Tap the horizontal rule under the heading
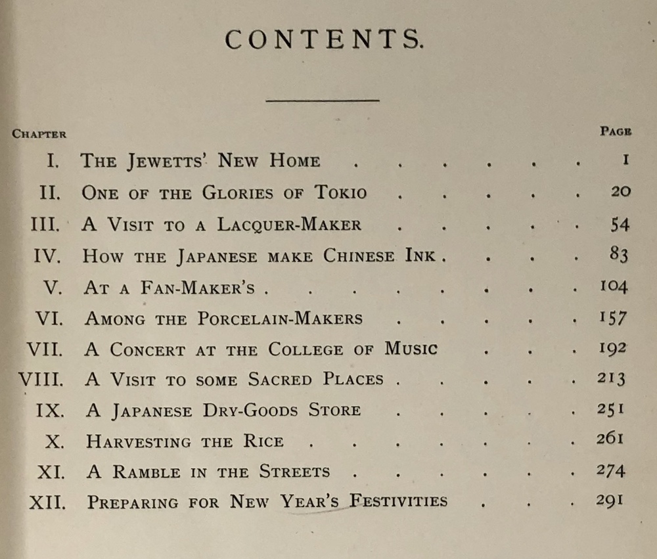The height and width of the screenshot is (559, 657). (x=323, y=101)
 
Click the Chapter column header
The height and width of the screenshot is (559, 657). (x=39, y=134)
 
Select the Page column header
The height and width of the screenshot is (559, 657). (x=616, y=131)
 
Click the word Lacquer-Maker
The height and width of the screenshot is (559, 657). (x=289, y=224)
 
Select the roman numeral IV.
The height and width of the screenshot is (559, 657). (x=47, y=256)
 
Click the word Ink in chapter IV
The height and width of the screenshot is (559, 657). (x=419, y=256)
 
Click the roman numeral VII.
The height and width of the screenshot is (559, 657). (x=45, y=349)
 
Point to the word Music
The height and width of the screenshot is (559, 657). (x=411, y=348)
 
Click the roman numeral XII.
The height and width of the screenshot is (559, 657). (x=47, y=503)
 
